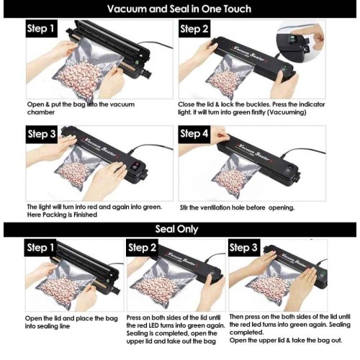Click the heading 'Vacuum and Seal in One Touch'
[x=179, y=9]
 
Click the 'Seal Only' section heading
[x=176, y=229]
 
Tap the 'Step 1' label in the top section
[x=40, y=29]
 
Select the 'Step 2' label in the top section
[x=194, y=29]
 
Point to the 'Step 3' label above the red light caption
[x=42, y=134]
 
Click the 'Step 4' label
[x=194, y=134]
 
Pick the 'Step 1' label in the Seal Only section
[x=40, y=248]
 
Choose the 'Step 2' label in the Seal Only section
[x=142, y=248]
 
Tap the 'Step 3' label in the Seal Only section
[x=243, y=248]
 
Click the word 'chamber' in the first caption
[x=41, y=112]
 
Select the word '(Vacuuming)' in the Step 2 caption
[x=287, y=112]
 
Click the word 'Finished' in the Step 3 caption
[x=85, y=215]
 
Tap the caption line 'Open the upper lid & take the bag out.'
[x=286, y=341]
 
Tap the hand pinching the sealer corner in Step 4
[x=219, y=136]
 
